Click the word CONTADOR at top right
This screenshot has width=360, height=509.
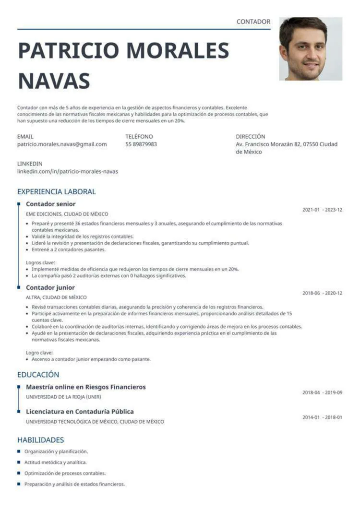point(253,22)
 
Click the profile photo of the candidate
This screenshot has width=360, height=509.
point(311,49)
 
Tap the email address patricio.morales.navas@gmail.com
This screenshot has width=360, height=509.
point(62,144)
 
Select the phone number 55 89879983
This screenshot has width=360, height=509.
point(141,144)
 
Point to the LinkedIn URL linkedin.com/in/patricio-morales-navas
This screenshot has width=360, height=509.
point(68,171)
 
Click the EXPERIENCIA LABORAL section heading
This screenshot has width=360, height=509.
point(57,191)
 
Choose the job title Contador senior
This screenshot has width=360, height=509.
point(50,204)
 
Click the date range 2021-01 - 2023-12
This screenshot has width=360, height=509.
point(322,210)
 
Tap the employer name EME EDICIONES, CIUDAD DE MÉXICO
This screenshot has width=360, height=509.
point(67,214)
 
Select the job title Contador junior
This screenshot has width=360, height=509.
point(50,287)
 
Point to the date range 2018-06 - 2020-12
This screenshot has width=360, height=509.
point(322,293)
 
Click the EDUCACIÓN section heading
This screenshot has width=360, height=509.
point(38,375)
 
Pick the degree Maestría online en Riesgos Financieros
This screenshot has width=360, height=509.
point(85,387)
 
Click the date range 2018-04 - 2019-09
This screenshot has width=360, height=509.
point(322,392)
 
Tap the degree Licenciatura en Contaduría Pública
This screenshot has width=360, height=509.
point(80,412)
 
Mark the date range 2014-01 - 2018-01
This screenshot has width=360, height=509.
point(322,417)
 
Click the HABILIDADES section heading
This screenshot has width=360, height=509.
point(40,440)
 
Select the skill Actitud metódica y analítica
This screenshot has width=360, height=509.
point(56,462)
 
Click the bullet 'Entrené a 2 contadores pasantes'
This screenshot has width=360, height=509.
point(69,249)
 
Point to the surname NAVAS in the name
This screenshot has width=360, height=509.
point(54,81)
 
